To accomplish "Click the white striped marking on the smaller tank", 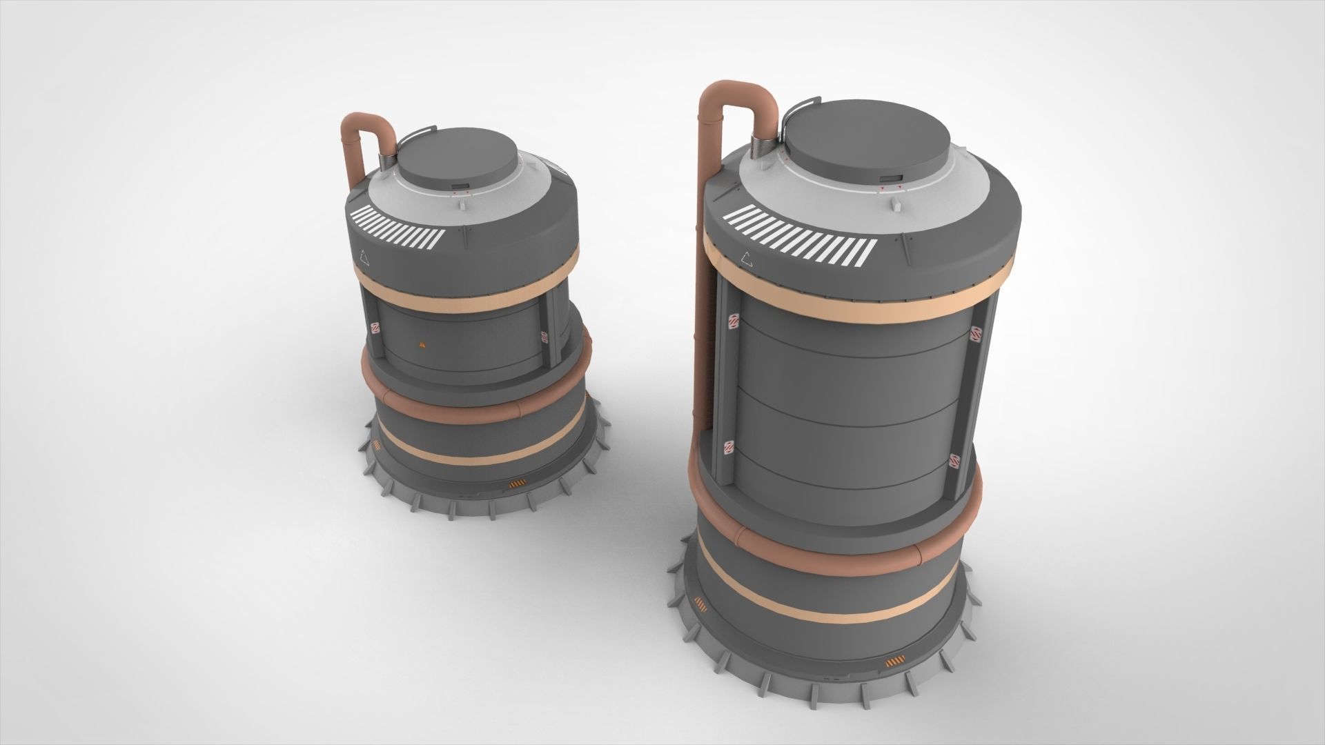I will [397, 226].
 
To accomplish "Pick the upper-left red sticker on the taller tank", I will [734, 322].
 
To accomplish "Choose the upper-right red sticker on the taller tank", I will [975, 333].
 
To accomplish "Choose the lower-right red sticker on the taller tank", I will [954, 461].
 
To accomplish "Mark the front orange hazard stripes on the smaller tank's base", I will [515, 484].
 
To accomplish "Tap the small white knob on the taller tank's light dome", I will [895, 204].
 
